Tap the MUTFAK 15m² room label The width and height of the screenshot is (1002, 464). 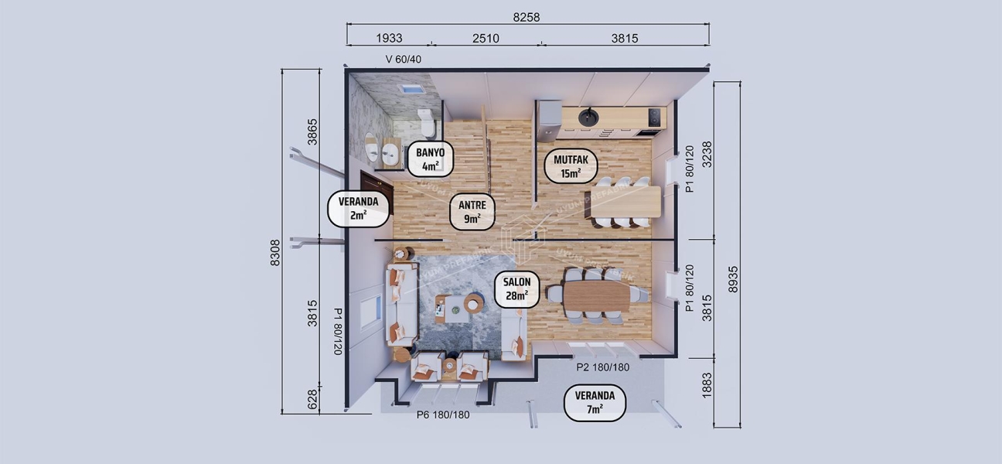coord(571,166)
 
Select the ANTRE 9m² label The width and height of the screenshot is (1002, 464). coord(472,211)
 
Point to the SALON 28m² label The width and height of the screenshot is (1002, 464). coord(516,288)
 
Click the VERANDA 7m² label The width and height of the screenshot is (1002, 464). coord(594,402)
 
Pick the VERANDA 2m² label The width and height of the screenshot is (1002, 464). coord(358,208)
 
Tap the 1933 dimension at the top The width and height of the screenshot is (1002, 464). coord(389,39)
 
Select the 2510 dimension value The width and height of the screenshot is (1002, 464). coord(485,39)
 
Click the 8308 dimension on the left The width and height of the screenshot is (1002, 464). coord(275,252)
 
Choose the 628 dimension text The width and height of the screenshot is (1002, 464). coord(312,399)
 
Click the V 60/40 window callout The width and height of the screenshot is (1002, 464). coord(404,59)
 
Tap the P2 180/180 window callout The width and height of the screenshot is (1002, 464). coord(602,367)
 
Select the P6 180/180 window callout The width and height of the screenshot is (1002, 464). coord(443,415)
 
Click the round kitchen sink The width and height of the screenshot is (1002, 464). coord(588,118)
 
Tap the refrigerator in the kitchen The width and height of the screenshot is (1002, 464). coord(547,114)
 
